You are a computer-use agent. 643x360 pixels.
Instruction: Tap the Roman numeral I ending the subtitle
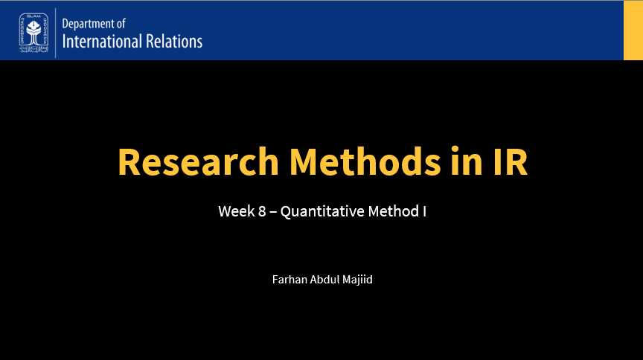(424, 211)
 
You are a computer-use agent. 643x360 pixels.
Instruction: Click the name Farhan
(289, 280)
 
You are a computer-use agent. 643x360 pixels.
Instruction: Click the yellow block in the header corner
(633, 30)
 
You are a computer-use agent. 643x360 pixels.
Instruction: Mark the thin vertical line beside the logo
(56, 32)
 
